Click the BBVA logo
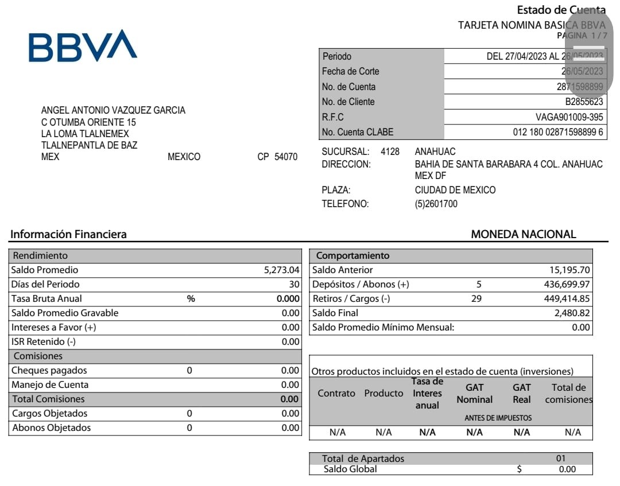83,46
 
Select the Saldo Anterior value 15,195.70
569,270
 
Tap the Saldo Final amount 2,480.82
572,313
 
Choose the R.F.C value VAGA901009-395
569,117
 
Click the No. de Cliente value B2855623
584,102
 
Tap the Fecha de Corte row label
351,72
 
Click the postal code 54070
286,157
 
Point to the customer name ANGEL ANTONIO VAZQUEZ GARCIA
113,110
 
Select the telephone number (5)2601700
436,204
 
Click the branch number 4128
390,151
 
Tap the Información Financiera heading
68,234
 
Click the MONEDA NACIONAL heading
523,234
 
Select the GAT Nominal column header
474,394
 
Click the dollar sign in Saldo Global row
519,469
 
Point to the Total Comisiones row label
48,399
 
